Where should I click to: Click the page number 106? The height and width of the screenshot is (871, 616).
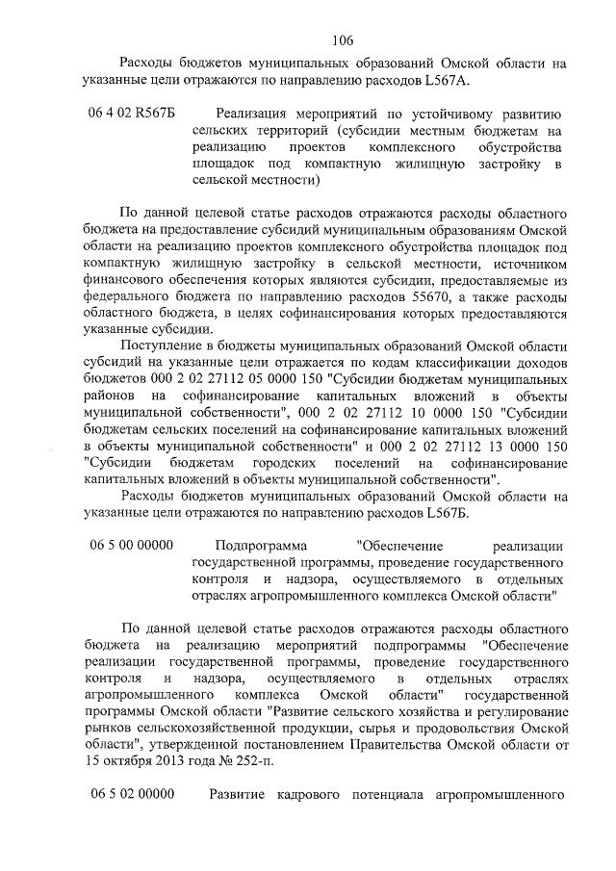pyautogui.click(x=344, y=39)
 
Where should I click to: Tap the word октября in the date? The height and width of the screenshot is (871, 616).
pyautogui.click(x=127, y=760)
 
